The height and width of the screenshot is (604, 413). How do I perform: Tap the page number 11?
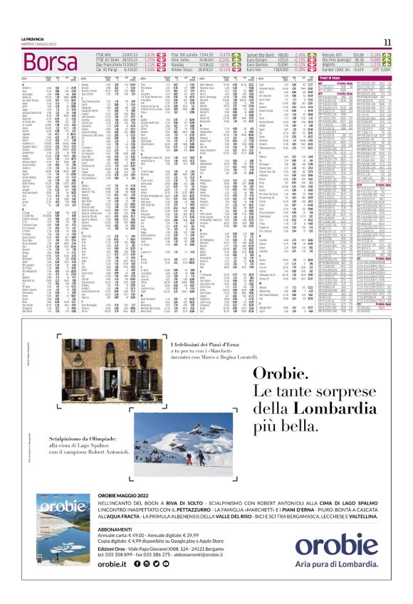(x=405, y=42)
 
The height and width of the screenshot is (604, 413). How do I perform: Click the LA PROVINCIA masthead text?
(x=14, y=38)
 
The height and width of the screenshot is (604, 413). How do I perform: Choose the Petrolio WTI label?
(x=334, y=53)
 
